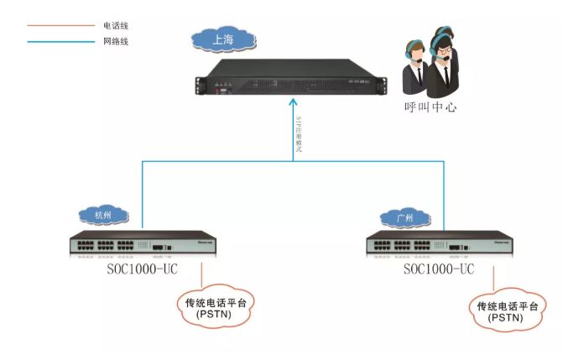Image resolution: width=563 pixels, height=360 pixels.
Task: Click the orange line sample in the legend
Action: [60, 26]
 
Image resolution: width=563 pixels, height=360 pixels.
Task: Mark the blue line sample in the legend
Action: [60, 41]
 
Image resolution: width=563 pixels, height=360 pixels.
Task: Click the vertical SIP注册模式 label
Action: [300, 134]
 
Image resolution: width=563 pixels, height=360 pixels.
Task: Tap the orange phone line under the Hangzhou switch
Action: [201, 276]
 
